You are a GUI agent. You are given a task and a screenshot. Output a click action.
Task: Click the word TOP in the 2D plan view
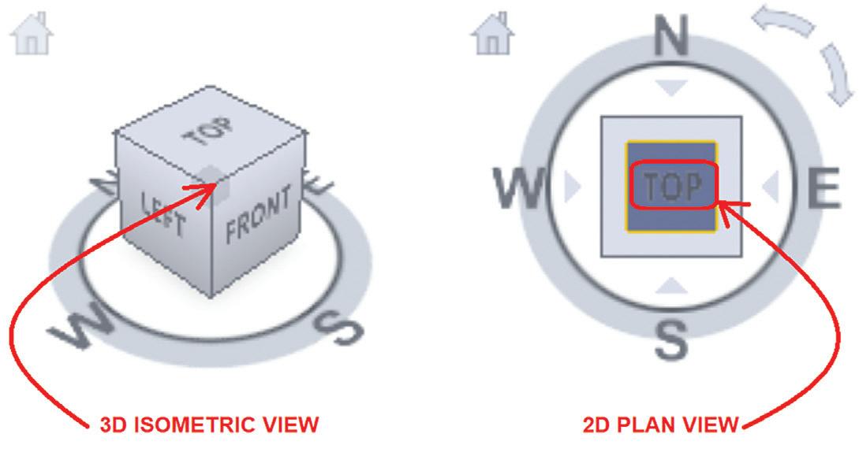click(x=671, y=187)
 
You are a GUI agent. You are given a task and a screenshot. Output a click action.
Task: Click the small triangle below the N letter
click(x=672, y=89)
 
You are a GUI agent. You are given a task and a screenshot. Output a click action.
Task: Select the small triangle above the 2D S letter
click(x=671, y=285)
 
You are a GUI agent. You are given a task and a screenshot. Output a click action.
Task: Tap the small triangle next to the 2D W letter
click(x=573, y=187)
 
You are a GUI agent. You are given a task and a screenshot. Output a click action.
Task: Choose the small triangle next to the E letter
click(x=770, y=187)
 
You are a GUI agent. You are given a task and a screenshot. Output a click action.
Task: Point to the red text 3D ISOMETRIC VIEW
click(x=209, y=425)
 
